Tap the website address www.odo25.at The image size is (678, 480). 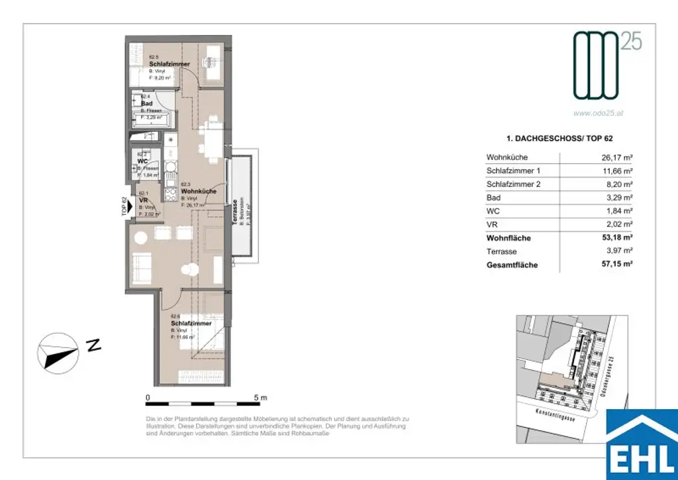click(x=598, y=113)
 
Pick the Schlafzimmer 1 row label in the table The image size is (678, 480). click(x=513, y=171)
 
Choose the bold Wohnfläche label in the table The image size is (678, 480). click(x=508, y=238)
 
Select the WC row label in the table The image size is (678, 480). click(x=493, y=211)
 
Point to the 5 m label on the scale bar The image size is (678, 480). click(x=260, y=397)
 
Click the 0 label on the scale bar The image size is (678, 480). click(x=148, y=397)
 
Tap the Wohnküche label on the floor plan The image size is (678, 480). click(x=198, y=192)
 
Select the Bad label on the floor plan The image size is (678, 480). click(x=147, y=103)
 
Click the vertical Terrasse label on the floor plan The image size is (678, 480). click(x=235, y=212)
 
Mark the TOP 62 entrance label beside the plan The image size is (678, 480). click(x=124, y=208)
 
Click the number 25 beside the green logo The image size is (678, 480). click(x=631, y=42)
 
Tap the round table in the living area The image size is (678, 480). click(x=191, y=270)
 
